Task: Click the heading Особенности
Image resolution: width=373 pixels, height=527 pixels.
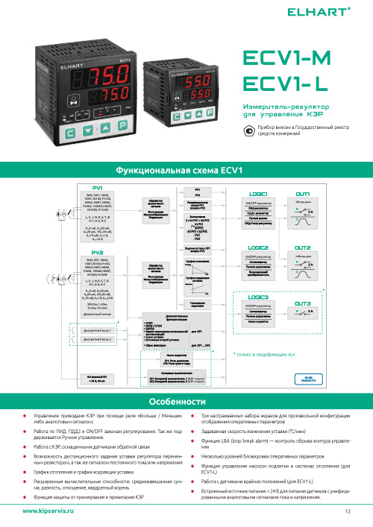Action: tap(186, 400)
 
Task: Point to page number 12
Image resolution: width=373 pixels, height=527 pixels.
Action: tap(348, 511)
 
